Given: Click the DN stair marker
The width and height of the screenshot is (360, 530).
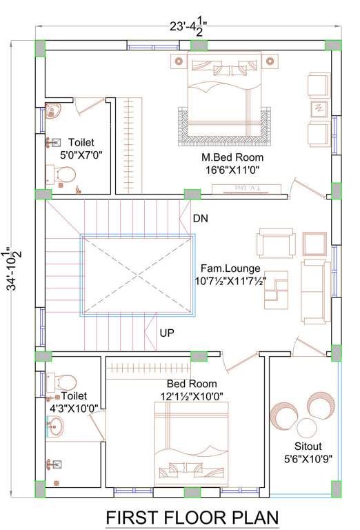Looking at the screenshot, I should tap(200, 219).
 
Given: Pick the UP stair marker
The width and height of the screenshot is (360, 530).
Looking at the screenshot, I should tap(167, 333).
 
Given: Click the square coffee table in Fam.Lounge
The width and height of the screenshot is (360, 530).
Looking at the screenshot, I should tap(314, 243).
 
